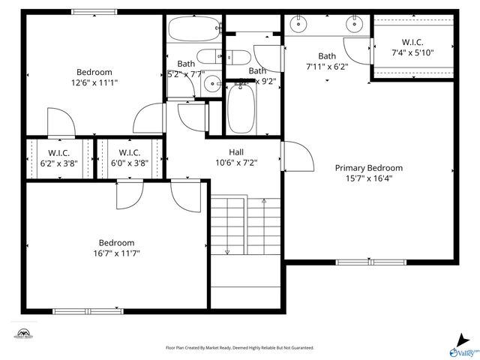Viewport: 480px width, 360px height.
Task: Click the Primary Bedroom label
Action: pyautogui.click(x=368, y=168)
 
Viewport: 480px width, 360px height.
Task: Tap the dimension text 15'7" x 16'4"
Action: pyautogui.click(x=368, y=178)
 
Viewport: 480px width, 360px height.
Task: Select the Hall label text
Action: pyautogui.click(x=235, y=151)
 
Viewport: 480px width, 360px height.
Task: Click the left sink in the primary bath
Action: pyautogui.click(x=299, y=24)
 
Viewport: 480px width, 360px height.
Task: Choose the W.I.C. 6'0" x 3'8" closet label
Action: pyautogui.click(x=129, y=157)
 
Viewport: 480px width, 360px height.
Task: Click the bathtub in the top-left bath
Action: pyautogui.click(x=190, y=31)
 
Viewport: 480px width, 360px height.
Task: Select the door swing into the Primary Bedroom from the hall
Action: pyautogui.click(x=298, y=157)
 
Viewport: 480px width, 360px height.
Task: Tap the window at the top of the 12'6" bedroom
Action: pyautogui.click(x=94, y=12)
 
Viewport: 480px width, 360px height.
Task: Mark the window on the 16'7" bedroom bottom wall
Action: pyautogui.click(x=94, y=310)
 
